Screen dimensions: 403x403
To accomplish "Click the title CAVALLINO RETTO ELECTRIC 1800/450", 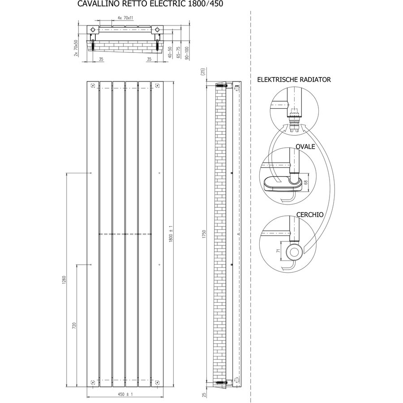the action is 150,4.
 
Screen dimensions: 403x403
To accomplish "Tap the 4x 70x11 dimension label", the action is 125,18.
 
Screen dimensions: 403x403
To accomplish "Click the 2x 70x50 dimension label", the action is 76,48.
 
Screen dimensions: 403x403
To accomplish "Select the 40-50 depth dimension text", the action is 170,52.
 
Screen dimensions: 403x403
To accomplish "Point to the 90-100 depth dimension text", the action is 187,53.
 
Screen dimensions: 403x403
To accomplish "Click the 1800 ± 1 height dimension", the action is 171,234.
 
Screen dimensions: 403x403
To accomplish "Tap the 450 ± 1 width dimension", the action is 125,394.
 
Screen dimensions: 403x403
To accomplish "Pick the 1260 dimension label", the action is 64,280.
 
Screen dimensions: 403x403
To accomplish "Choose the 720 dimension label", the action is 74,326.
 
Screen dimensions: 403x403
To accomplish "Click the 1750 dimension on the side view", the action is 204,234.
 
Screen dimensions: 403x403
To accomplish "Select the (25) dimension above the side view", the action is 202,72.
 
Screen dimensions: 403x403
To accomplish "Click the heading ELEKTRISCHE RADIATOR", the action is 294,80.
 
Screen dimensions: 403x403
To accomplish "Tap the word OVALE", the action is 305,146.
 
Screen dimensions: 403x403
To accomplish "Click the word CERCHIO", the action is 310,214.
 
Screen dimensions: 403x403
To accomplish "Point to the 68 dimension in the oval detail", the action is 306,182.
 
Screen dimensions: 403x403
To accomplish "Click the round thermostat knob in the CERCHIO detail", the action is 293,251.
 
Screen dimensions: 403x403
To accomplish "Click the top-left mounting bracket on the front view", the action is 93,86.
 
